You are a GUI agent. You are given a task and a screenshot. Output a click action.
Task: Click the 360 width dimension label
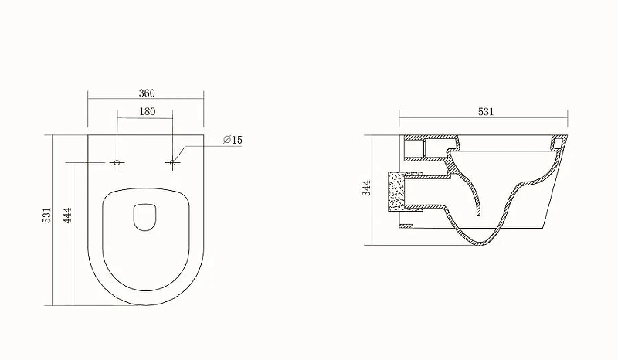(147, 93)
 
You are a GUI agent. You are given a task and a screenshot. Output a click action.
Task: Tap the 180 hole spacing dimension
(147, 111)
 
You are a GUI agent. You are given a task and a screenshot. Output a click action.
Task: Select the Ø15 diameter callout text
(233, 140)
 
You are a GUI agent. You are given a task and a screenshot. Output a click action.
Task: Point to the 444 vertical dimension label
(68, 216)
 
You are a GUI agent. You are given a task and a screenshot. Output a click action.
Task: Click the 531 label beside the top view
(47, 216)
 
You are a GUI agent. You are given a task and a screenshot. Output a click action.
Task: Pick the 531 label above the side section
(486, 112)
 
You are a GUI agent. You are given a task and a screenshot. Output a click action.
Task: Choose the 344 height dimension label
(367, 188)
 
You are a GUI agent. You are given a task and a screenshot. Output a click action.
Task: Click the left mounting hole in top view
(117, 162)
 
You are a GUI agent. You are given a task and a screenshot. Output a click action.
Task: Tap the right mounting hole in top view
(172, 162)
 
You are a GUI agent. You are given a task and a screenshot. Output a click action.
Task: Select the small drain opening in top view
(145, 217)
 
